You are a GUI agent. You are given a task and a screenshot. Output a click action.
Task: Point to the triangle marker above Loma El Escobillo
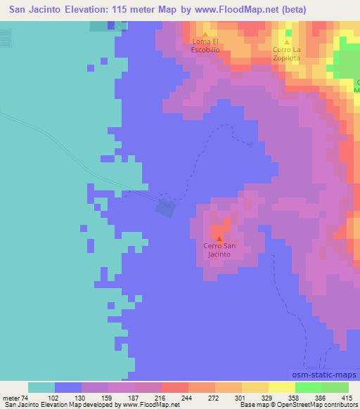tap(205, 34)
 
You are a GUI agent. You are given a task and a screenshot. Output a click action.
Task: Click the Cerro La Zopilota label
tap(287, 53)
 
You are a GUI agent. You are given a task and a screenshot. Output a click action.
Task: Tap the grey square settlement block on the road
tap(167, 207)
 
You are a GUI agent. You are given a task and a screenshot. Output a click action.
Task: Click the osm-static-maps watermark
tap(330, 377)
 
